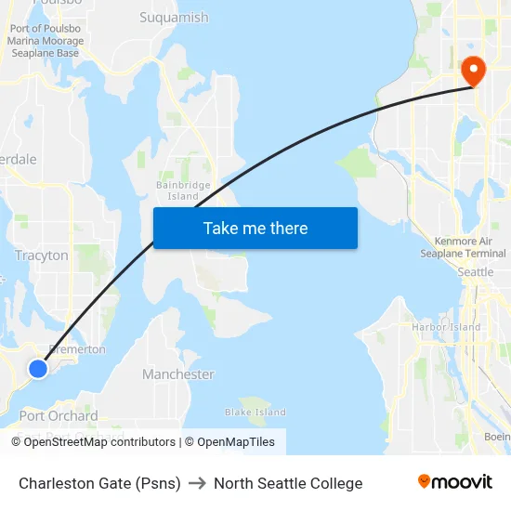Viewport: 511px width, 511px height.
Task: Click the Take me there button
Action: (255, 229)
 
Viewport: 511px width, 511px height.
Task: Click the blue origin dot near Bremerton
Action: (38, 369)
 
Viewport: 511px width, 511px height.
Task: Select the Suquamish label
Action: (174, 17)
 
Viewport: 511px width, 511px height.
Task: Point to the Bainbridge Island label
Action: (183, 191)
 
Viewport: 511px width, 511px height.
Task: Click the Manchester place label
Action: (177, 374)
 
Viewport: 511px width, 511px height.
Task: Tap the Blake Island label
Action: (255, 413)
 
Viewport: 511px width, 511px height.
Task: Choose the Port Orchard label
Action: (59, 415)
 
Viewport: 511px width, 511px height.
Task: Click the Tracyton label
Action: (42, 255)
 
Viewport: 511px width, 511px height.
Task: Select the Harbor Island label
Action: (446, 327)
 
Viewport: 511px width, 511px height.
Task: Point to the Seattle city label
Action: (476, 272)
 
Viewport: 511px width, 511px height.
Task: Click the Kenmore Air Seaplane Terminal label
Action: (463, 247)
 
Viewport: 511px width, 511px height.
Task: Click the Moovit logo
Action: (455, 482)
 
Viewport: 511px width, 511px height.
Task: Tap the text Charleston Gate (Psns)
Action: (99, 483)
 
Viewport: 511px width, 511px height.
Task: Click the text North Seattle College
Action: (288, 483)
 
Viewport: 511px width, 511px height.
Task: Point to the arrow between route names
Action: (197, 483)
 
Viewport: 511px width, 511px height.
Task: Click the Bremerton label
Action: (77, 349)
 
